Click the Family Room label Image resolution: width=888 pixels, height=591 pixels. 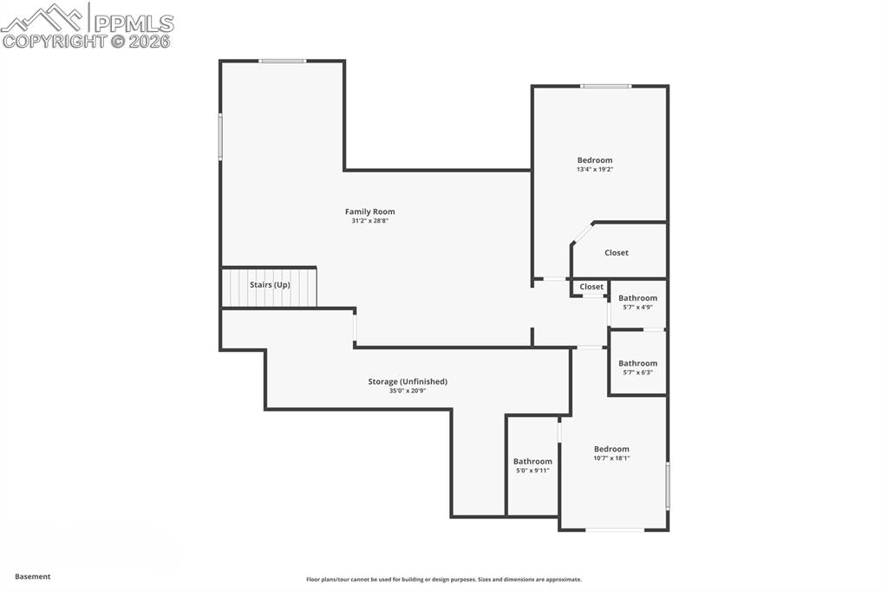tap(369, 211)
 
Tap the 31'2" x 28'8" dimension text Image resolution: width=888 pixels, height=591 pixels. tap(369, 221)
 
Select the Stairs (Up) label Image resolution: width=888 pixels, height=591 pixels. tap(270, 285)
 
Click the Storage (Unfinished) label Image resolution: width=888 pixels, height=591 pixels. tap(408, 381)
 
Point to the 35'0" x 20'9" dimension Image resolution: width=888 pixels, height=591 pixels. tap(408, 391)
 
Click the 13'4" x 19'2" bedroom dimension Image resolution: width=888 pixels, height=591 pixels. tap(595, 170)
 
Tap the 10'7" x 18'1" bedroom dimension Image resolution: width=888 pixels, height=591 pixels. tap(611, 458)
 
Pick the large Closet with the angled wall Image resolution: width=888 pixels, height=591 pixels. tap(617, 252)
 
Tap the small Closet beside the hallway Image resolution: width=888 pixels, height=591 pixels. tap(591, 287)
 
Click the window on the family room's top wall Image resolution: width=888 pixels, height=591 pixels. tap(283, 61)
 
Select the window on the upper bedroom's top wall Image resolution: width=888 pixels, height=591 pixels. tap(605, 86)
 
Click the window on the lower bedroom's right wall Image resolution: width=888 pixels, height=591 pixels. tap(667, 485)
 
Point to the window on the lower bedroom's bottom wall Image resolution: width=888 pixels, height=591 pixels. tap(614, 529)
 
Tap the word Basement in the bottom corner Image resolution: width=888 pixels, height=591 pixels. tap(33, 576)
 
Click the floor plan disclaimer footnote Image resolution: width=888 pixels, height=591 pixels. tap(443, 580)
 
